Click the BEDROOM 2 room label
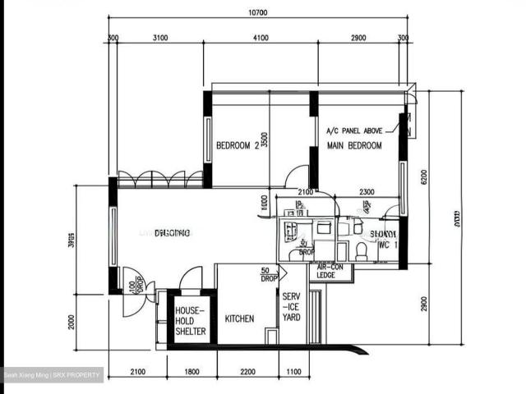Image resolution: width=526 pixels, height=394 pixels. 237,146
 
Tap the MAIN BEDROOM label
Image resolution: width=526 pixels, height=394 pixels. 354,146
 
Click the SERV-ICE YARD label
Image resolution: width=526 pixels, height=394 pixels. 292,305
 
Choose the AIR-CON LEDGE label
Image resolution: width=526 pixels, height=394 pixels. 331,272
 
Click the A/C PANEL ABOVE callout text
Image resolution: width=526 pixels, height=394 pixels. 356,131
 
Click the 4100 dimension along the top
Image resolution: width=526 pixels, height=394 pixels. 261,38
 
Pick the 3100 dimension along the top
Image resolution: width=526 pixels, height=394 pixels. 160,38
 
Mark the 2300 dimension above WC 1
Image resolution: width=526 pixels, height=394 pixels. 367,192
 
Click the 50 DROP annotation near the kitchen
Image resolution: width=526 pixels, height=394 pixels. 268,274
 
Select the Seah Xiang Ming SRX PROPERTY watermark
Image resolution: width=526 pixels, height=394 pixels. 52,375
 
